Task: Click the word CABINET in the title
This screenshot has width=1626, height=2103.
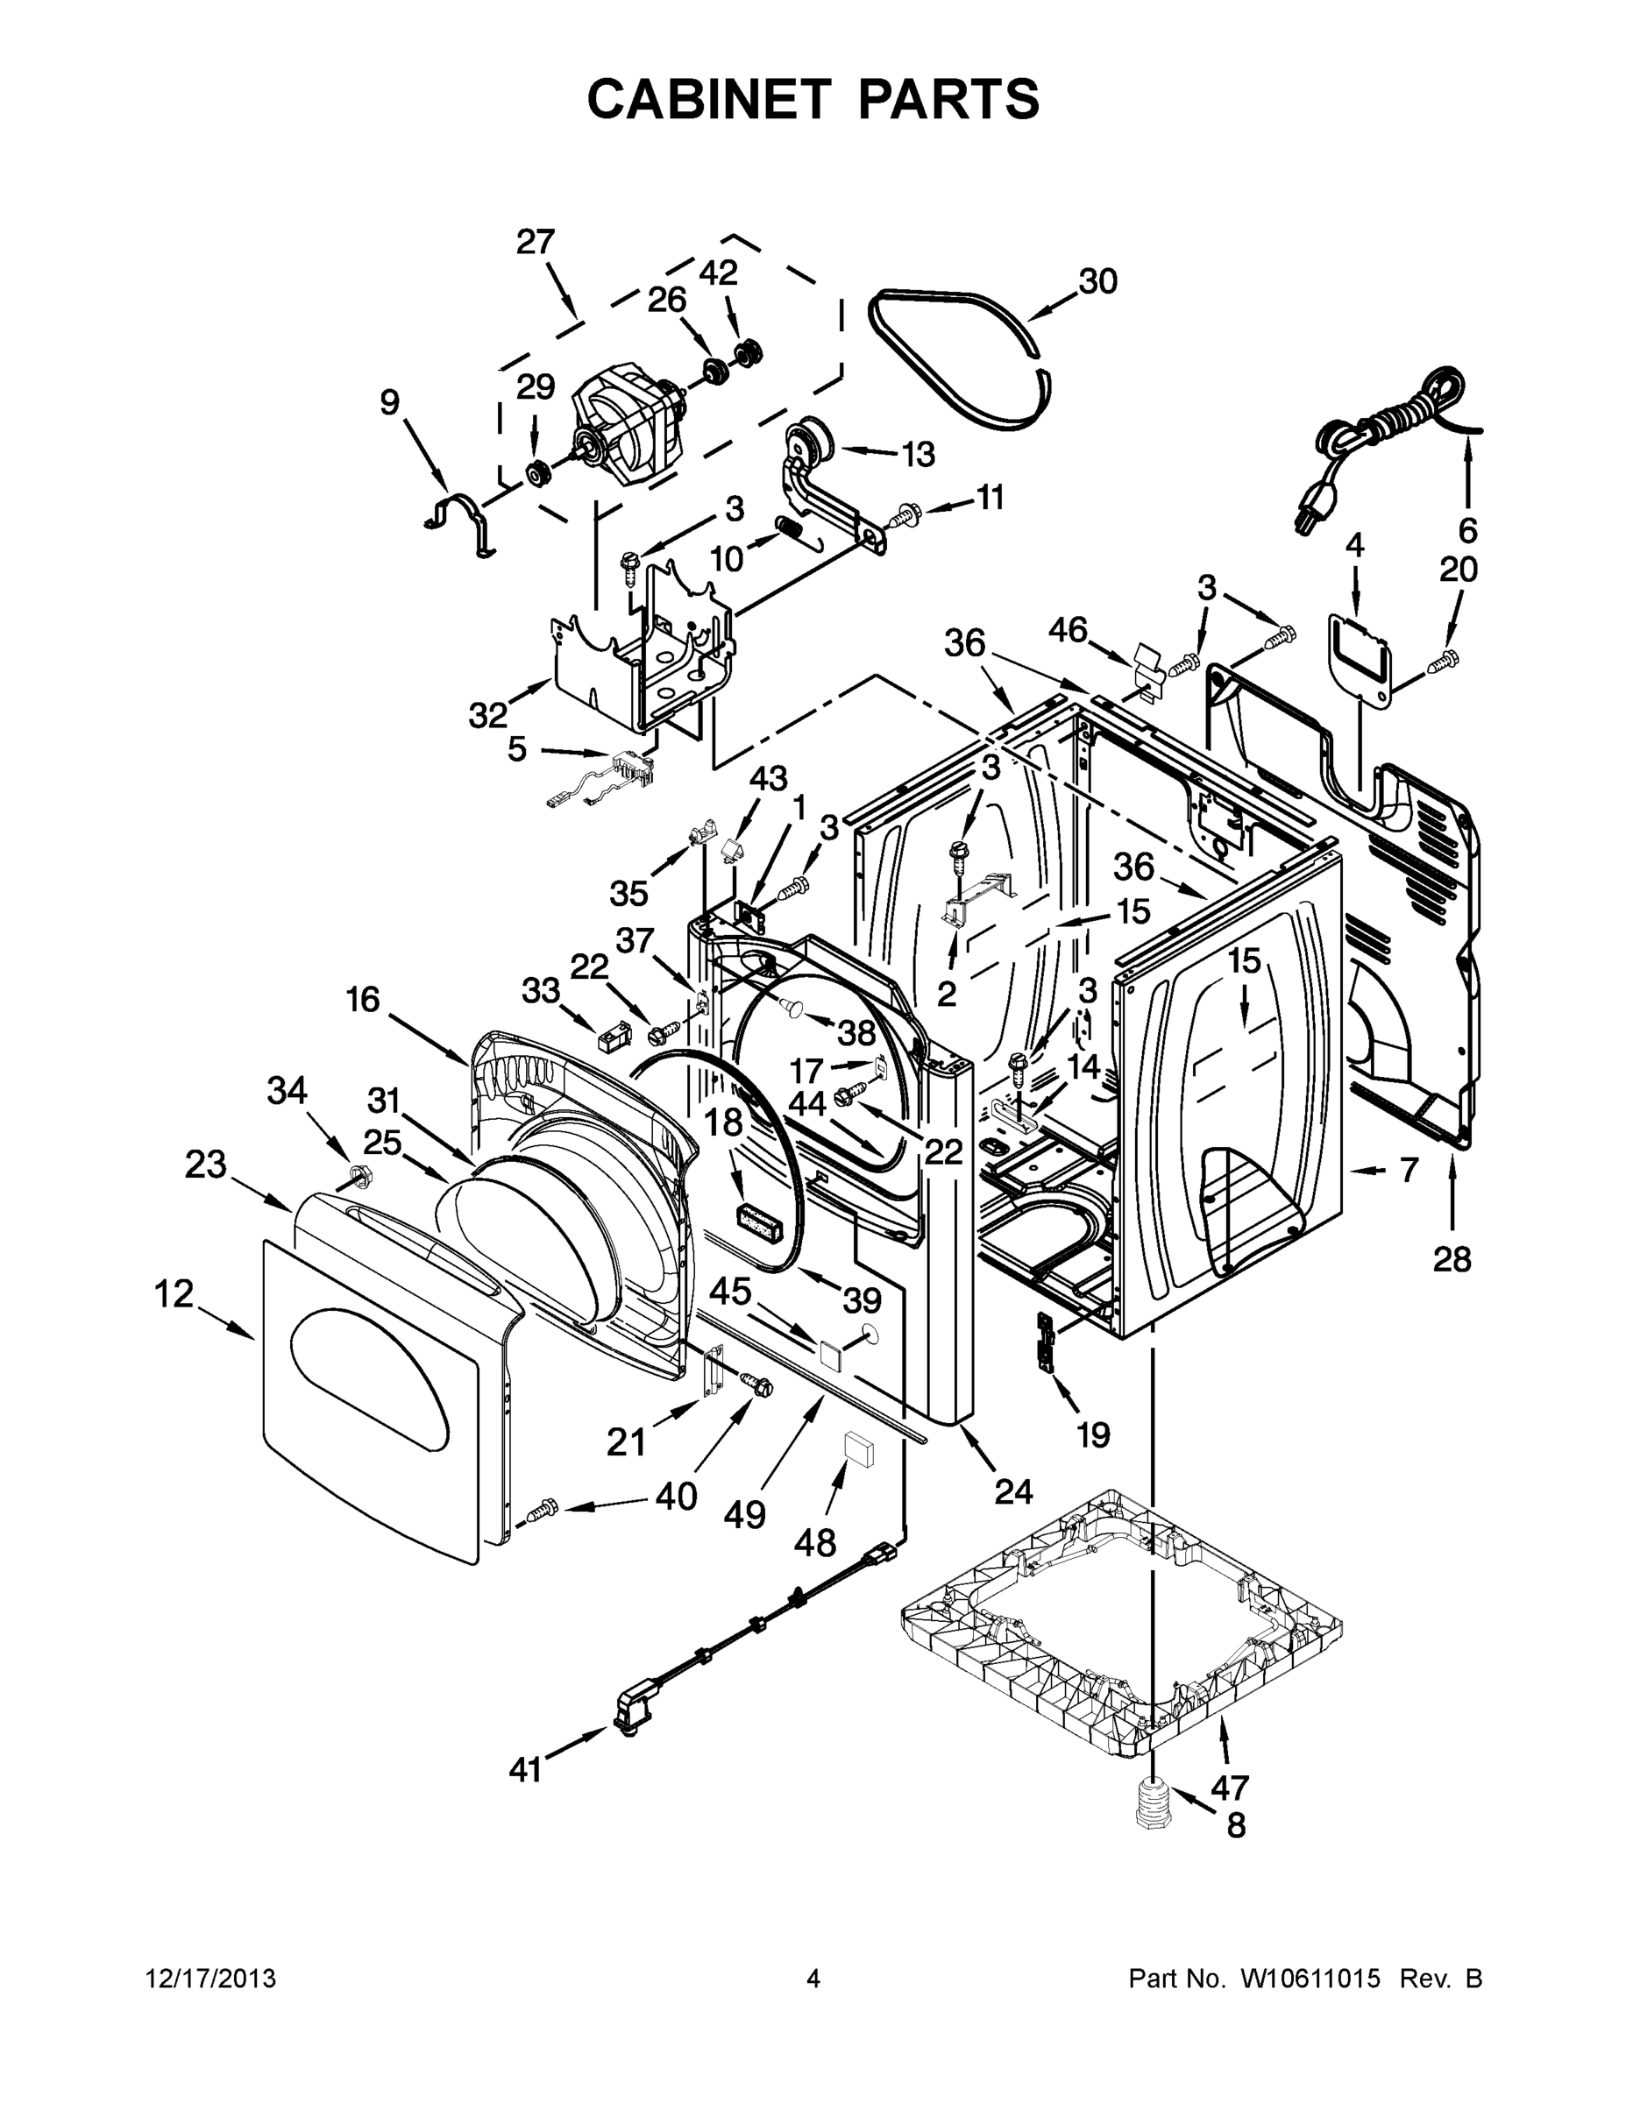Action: (709, 99)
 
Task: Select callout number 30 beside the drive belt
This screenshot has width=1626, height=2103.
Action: (1097, 282)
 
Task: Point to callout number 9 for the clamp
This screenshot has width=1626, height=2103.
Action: (389, 401)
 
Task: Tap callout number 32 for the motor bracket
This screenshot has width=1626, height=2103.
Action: (487, 714)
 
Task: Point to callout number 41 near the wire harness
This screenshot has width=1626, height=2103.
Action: (525, 1769)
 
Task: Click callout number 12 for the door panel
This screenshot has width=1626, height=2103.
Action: (174, 1294)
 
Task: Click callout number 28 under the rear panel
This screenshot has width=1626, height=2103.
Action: (1452, 1257)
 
